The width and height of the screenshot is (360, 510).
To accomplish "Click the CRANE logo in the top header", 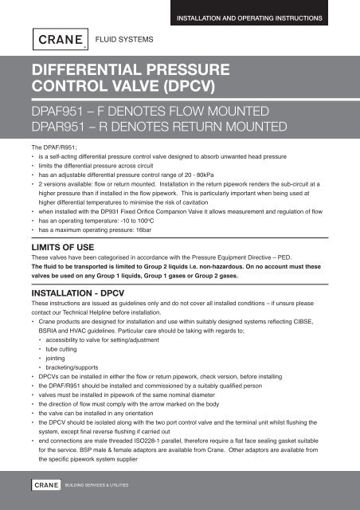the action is [x=57, y=37].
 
